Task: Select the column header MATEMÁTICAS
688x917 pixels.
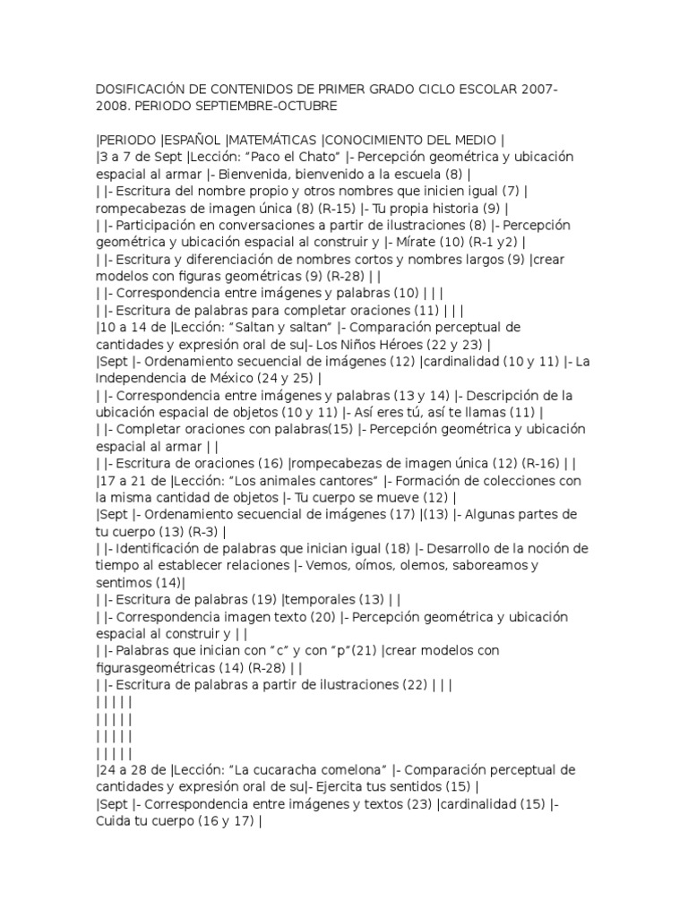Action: (274, 139)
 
